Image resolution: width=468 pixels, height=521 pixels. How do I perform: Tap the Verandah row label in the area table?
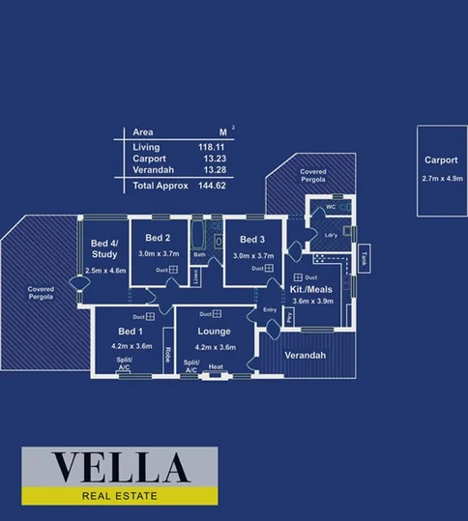[x=151, y=169]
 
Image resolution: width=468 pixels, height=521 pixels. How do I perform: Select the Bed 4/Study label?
[x=104, y=248]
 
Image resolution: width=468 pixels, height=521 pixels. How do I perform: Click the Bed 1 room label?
[x=132, y=332]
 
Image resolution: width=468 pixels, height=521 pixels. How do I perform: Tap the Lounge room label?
[x=216, y=332]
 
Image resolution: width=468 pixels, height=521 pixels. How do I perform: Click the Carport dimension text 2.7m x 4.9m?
[x=442, y=179]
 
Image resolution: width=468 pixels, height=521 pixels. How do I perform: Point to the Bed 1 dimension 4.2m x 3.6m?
[x=132, y=345]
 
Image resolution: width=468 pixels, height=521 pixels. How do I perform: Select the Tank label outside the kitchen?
[x=364, y=258]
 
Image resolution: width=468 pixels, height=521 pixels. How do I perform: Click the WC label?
[x=331, y=208]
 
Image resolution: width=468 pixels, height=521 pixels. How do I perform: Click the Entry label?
[x=270, y=310]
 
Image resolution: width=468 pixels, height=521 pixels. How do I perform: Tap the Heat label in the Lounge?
[x=216, y=367]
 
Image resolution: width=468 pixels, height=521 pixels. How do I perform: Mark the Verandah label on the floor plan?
[x=306, y=355]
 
